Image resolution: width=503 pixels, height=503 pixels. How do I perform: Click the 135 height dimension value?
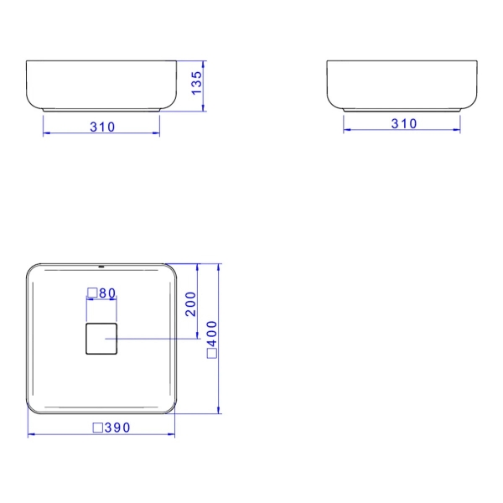click(x=197, y=85)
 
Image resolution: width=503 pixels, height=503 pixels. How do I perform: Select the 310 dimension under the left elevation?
click(x=101, y=127)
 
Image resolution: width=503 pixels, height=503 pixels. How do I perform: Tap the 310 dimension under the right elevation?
click(x=403, y=123)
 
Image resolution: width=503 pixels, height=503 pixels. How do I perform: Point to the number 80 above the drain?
click(x=106, y=293)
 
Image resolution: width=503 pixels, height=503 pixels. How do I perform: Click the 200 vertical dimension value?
click(x=190, y=303)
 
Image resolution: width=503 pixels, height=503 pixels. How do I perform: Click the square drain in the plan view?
click(x=101, y=338)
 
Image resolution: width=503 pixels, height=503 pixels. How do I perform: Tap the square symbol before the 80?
click(x=92, y=293)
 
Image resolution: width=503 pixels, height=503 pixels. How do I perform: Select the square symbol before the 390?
click(x=97, y=428)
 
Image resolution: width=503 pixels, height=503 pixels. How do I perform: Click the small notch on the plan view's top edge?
click(x=101, y=265)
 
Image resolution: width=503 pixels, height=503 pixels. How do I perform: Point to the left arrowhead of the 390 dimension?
click(x=31, y=435)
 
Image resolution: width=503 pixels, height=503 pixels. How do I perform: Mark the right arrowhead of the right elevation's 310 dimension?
click(x=458, y=130)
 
